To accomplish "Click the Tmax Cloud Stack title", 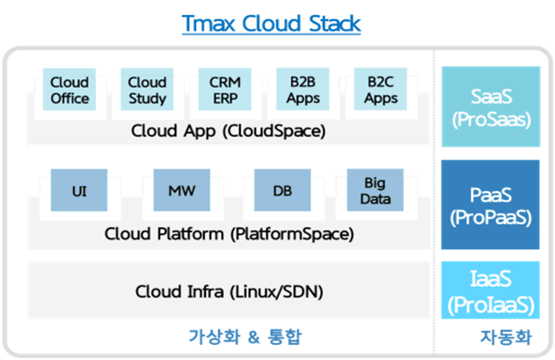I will [270, 23].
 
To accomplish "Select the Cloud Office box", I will [69, 90].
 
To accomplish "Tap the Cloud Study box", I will [147, 90].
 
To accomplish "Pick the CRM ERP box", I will [225, 90].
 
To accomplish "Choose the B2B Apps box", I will [303, 90].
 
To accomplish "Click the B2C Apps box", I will [381, 90].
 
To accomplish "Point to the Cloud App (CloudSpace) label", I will [228, 131].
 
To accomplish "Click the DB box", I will [281, 191].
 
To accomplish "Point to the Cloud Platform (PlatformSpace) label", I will [228, 234].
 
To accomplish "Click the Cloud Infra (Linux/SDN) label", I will [228, 290].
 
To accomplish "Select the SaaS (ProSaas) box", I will [490, 106].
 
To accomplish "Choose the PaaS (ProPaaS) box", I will [490, 205].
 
